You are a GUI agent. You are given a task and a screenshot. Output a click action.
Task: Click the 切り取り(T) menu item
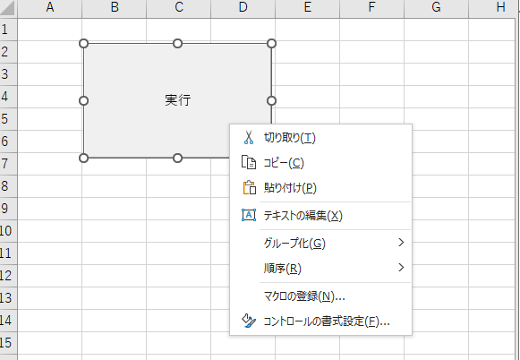tap(289, 138)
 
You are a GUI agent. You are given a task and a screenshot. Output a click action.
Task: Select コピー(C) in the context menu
tap(283, 163)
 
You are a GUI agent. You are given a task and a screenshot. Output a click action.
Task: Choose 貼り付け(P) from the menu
tap(289, 188)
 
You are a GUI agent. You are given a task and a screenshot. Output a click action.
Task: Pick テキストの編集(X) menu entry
tap(303, 216)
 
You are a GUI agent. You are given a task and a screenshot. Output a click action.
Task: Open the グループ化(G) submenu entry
tap(294, 244)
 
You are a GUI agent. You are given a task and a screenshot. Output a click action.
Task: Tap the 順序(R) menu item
tap(282, 269)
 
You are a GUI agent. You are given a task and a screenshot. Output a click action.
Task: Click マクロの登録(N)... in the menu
tap(304, 296)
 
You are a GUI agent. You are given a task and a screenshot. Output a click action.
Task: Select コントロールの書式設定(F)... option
tap(326, 321)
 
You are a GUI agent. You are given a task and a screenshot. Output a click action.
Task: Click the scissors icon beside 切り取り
tap(249, 138)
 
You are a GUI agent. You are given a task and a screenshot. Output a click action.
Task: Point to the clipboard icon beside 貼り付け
tap(249, 188)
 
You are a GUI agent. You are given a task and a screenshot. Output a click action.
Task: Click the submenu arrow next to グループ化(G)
tap(401, 243)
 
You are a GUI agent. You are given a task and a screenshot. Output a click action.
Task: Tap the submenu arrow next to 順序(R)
tap(401, 268)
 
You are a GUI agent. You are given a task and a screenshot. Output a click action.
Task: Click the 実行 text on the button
tap(177, 100)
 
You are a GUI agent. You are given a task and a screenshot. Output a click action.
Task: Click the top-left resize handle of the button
tap(84, 43)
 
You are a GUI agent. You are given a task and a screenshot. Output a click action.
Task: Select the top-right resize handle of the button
tap(271, 43)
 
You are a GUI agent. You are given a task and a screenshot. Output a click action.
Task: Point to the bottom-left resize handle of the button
tap(84, 159)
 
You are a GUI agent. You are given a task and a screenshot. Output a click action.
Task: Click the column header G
tap(435, 8)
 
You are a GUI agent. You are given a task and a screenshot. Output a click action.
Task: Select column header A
tap(49, 8)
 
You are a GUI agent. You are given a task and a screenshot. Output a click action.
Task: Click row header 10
tap(8, 230)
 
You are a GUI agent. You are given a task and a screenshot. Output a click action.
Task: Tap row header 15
tap(8, 342)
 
